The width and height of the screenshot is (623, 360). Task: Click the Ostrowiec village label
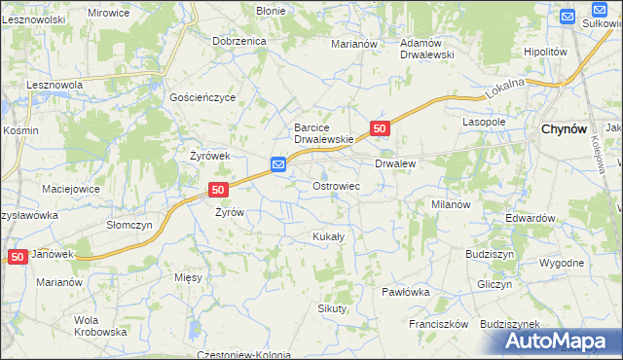(336, 185)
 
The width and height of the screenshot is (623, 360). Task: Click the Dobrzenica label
(239, 42)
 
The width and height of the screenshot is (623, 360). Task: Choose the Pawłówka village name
(406, 291)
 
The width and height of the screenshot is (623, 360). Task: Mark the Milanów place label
(451, 204)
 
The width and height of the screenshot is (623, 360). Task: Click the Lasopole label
(484, 123)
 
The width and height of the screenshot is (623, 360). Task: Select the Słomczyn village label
(129, 224)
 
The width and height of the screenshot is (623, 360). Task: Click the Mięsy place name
(189, 277)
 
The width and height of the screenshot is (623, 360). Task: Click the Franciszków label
(439, 324)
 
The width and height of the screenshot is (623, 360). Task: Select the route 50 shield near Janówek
(18, 256)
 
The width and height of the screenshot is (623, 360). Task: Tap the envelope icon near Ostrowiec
(278, 165)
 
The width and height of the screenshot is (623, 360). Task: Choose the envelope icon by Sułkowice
(569, 16)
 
